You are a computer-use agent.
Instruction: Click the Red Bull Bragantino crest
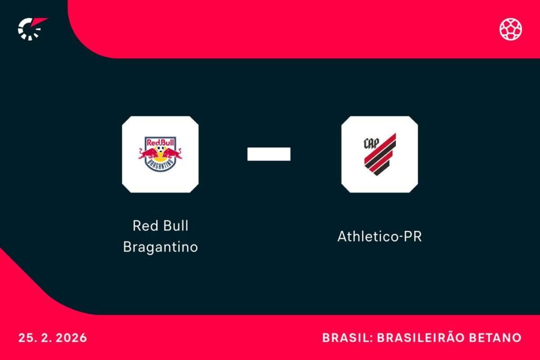[160, 154]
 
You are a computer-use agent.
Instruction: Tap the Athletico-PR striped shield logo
[380, 154]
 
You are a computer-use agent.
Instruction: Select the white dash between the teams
[269, 153]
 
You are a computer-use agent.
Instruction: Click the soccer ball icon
[510, 29]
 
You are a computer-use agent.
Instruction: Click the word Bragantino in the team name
[160, 247]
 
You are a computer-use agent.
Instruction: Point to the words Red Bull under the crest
[160, 226]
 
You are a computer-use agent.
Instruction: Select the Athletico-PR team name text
[380, 237]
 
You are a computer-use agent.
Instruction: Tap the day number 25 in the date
[25, 338]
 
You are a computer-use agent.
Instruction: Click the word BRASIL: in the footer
[348, 338]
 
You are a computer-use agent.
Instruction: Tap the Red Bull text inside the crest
[160, 142]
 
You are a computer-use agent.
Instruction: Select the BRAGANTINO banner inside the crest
[160, 164]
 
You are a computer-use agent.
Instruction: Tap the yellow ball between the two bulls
[160, 152]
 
